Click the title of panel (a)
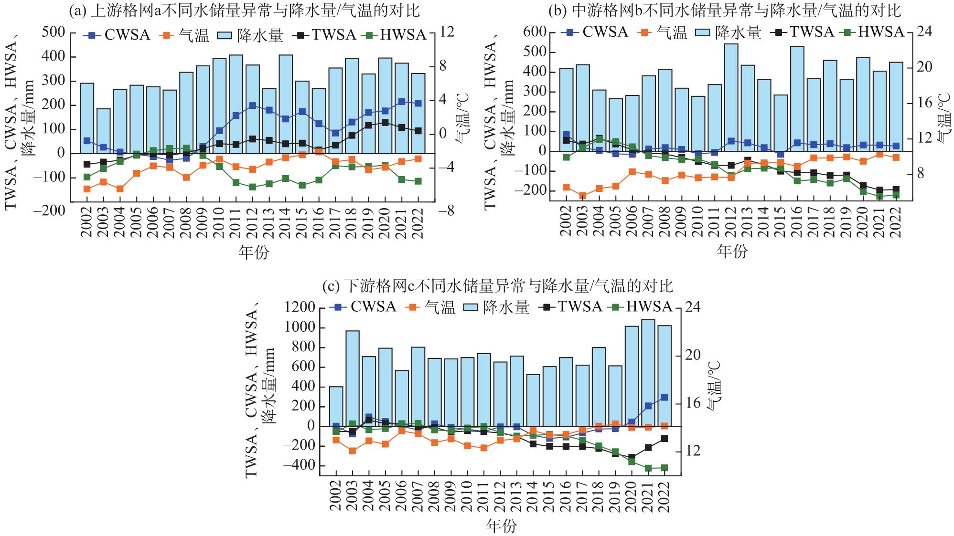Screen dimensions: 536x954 245,11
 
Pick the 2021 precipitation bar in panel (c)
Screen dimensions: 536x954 648,373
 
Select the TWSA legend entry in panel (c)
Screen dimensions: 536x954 571,306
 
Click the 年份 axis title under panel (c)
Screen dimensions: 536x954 501,526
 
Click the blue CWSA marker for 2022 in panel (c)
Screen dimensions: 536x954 664,397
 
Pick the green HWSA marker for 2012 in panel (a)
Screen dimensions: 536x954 252,187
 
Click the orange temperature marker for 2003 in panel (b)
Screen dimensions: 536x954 582,196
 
